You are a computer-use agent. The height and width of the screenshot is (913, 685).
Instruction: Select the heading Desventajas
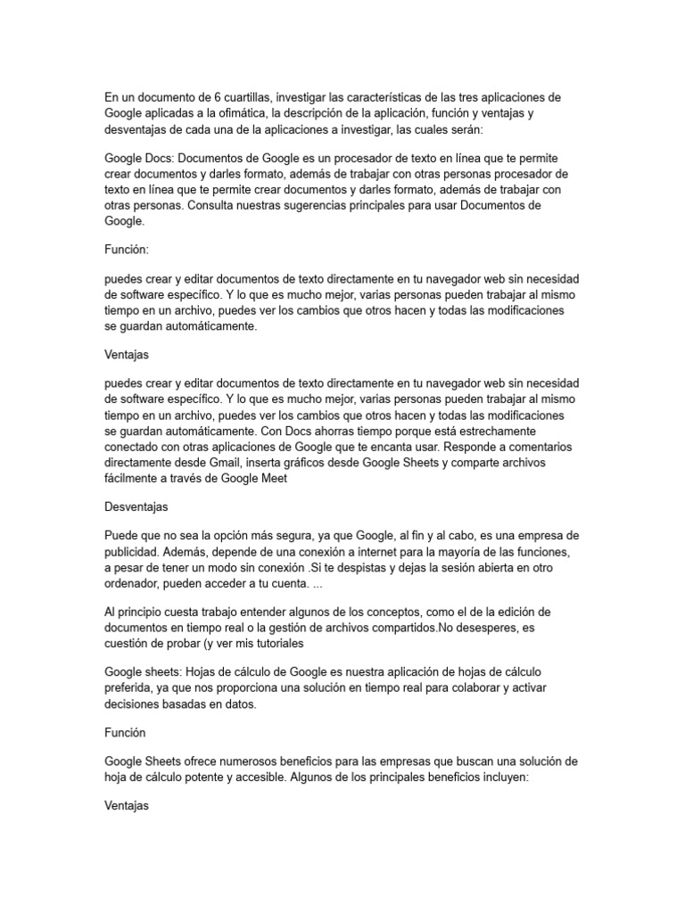tap(136, 506)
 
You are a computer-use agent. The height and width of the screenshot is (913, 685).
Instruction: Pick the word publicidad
tap(134, 552)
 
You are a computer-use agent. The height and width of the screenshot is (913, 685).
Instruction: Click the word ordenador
tap(136, 584)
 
